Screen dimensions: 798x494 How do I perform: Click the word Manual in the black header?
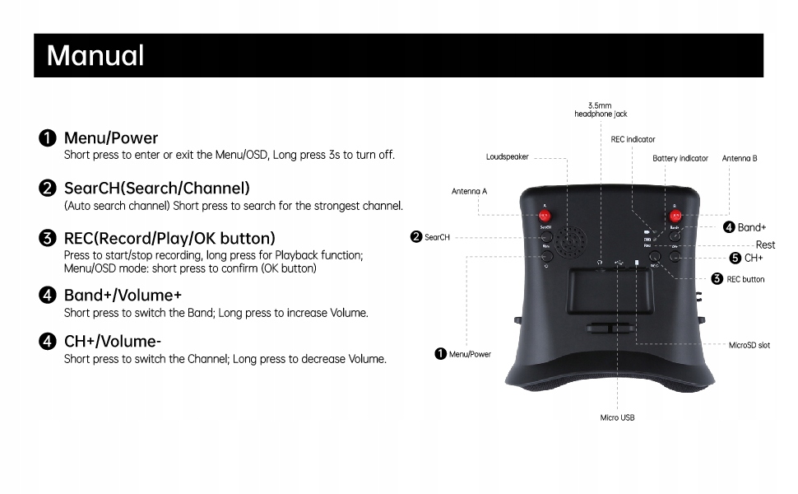(x=95, y=56)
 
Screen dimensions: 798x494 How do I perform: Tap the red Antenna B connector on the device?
(x=675, y=216)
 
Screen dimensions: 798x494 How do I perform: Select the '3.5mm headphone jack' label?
(x=601, y=110)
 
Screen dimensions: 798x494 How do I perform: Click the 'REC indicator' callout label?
(x=633, y=139)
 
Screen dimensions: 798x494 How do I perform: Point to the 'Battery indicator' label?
(x=680, y=158)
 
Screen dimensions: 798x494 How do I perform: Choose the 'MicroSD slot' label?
(x=749, y=346)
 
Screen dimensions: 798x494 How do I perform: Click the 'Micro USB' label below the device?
(x=617, y=417)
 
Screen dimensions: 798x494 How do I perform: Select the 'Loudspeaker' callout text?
(x=508, y=156)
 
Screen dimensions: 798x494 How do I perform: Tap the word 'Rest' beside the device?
(x=765, y=245)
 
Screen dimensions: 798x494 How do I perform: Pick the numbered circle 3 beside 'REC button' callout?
(x=717, y=279)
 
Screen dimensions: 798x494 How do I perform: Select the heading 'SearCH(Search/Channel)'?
(x=156, y=189)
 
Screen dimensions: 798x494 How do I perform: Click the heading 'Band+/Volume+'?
(x=123, y=295)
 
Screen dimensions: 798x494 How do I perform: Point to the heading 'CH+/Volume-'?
(x=113, y=341)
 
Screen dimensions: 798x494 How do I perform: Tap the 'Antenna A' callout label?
(x=469, y=191)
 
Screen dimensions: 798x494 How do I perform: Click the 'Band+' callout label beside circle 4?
(x=752, y=227)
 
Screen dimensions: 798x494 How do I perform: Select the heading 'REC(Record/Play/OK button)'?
(x=169, y=239)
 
